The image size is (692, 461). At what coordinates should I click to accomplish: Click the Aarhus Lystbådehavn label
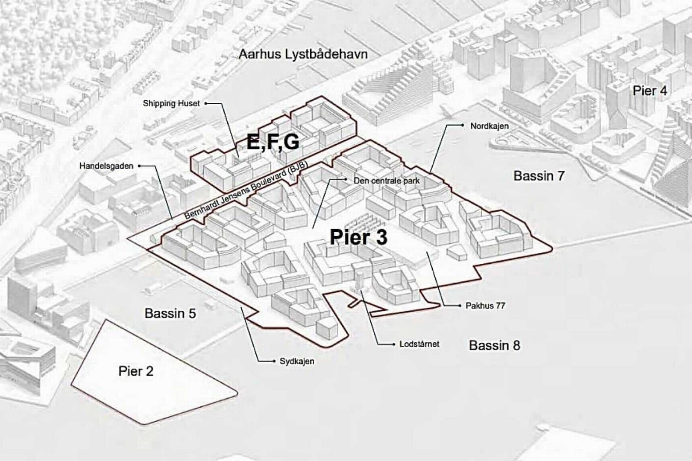click(303, 54)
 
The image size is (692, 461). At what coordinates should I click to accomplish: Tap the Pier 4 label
click(650, 90)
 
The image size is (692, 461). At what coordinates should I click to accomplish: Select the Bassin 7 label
click(539, 175)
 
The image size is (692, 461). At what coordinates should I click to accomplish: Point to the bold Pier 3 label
click(358, 237)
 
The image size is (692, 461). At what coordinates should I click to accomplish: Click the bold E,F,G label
click(273, 142)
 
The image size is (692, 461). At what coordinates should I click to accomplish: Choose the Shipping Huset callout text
click(171, 103)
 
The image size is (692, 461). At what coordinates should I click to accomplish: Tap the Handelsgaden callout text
click(106, 166)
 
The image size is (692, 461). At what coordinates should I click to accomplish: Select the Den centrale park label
click(387, 181)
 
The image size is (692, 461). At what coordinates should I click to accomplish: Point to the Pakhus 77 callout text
click(485, 306)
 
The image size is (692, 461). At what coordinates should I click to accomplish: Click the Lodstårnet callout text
click(419, 344)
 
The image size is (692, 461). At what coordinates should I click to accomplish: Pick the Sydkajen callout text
click(297, 361)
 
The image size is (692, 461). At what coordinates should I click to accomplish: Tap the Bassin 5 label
click(170, 313)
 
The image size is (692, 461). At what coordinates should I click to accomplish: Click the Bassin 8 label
click(494, 345)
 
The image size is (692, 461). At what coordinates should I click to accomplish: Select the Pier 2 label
click(136, 371)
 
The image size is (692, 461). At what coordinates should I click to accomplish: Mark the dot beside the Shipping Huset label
click(205, 103)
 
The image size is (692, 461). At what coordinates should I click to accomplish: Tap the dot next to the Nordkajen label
click(463, 125)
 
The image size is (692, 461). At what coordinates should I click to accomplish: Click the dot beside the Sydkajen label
click(274, 361)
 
